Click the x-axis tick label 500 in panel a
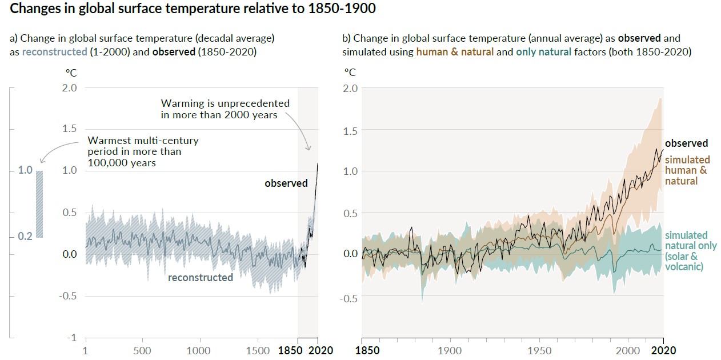click(x=142, y=350)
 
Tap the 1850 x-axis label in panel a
click(x=290, y=350)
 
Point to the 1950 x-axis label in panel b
click(x=539, y=350)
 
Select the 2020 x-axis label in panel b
click(x=664, y=350)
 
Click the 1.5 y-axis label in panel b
click(x=350, y=131)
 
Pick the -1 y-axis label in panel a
click(x=71, y=338)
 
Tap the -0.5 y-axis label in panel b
click(x=349, y=298)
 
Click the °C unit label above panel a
click(x=71, y=73)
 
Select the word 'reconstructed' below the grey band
click(x=200, y=277)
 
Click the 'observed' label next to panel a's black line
click(x=286, y=183)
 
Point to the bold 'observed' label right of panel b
click(x=687, y=143)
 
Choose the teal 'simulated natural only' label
click(x=691, y=251)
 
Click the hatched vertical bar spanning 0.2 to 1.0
click(x=39, y=204)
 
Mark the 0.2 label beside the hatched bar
click(x=25, y=237)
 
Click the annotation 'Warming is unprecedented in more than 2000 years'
click(x=225, y=109)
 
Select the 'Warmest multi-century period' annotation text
click(x=143, y=151)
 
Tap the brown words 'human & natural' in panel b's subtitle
click(x=455, y=52)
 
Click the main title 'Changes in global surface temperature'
click(x=193, y=9)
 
